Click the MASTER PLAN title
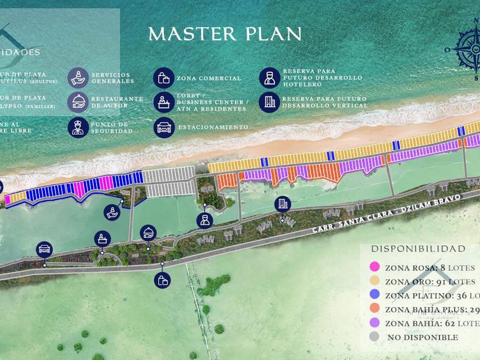pos(225,34)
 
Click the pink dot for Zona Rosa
pos(375,266)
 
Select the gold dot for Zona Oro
pos(375,281)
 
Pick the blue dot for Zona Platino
pos(375,295)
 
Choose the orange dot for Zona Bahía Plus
pos(375,309)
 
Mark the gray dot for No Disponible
pos(375,337)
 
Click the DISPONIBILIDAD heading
pos(418,249)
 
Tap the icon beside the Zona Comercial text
pos(163,78)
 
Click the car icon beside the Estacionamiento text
pos(164,127)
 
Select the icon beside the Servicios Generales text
pos(78,78)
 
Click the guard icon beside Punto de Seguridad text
pos(78,127)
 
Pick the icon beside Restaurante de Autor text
pos(78,102)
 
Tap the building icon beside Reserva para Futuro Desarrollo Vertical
pos(269,102)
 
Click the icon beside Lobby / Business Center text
pos(164,102)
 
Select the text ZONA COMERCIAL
pos(209,78)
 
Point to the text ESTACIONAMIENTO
pos(213,127)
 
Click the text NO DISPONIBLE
pos(422,337)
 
